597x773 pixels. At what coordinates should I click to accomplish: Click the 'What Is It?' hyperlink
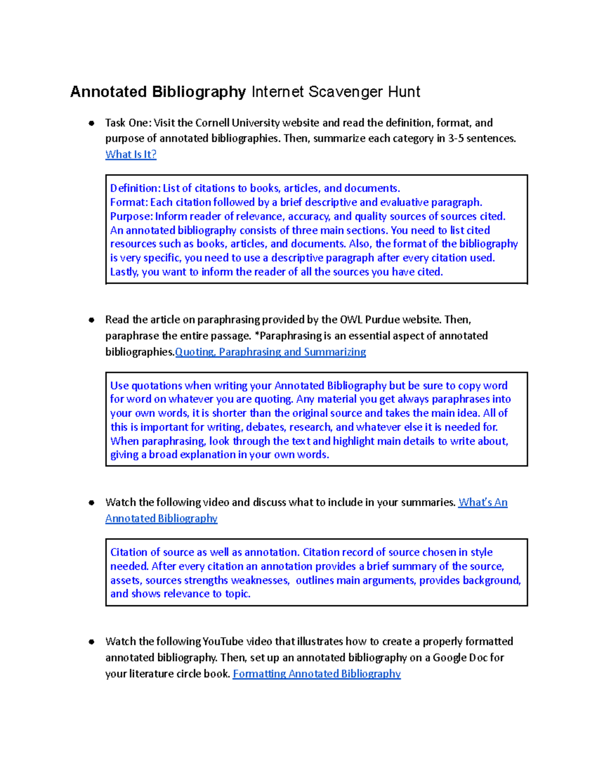click(x=131, y=154)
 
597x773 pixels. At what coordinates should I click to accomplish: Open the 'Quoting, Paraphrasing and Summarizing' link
click(x=270, y=352)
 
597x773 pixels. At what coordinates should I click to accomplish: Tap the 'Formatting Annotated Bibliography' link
click(x=316, y=673)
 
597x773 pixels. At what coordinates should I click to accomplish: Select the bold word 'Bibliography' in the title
click(x=199, y=92)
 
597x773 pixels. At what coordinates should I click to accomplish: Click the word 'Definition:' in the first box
click(x=135, y=188)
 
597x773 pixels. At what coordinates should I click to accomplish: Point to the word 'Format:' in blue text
click(x=129, y=202)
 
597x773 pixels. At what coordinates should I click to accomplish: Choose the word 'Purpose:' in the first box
click(x=131, y=216)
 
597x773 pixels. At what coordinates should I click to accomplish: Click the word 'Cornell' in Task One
click(x=212, y=123)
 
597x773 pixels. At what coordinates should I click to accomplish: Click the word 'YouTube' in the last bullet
click(x=223, y=642)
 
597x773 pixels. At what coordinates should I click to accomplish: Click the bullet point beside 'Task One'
click(x=92, y=123)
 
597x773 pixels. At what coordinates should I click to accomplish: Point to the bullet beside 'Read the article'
click(x=92, y=320)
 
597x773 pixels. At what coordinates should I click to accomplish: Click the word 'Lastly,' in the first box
click(x=124, y=272)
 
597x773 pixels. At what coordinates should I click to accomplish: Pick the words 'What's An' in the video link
click(x=483, y=502)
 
